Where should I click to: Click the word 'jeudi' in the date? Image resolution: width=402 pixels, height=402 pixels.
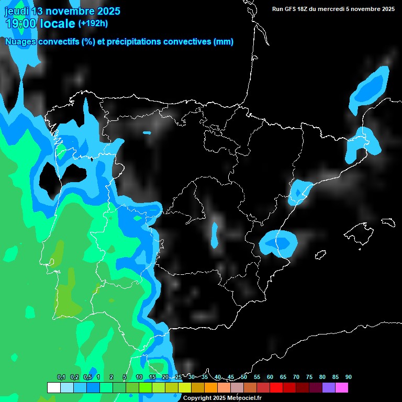click(x=17, y=11)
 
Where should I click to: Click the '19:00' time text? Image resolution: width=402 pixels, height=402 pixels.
click(x=21, y=24)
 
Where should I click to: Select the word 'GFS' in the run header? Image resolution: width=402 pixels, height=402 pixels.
click(x=293, y=9)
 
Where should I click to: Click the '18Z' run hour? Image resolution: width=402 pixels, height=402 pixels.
click(x=308, y=9)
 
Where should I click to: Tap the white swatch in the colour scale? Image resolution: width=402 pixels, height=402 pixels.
click(x=53, y=387)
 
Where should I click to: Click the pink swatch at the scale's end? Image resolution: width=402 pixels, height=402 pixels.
click(x=341, y=387)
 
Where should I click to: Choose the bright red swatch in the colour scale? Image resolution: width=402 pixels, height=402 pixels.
click(x=276, y=387)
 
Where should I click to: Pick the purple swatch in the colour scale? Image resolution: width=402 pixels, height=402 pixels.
click(x=328, y=387)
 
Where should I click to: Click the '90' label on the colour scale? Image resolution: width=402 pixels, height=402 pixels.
click(x=348, y=377)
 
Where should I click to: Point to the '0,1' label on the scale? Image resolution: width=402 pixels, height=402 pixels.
click(x=61, y=377)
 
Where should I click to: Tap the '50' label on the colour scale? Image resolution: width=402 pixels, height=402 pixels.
click(x=244, y=377)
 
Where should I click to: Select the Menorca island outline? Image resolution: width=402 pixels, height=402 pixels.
click(x=388, y=222)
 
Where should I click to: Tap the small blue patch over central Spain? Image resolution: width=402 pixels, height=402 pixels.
click(x=215, y=236)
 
